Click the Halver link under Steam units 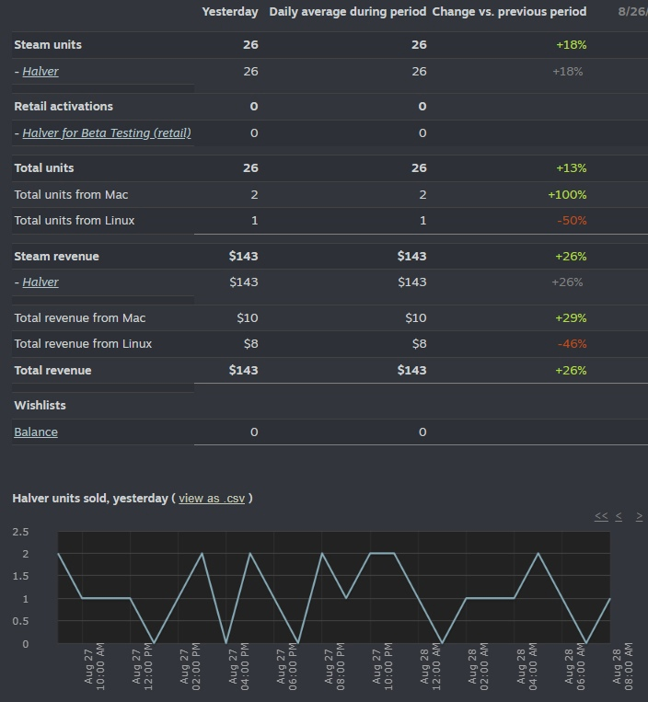(x=40, y=72)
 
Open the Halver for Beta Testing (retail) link (x=107, y=133)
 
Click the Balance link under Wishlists (x=36, y=432)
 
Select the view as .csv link (x=212, y=499)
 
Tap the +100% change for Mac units (x=567, y=195)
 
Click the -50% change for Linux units (x=571, y=221)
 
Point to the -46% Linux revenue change (x=571, y=344)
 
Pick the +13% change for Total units (x=571, y=168)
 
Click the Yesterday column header (x=230, y=12)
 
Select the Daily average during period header (x=348, y=12)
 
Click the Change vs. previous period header (x=509, y=12)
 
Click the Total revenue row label (x=52, y=371)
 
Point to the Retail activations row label (x=64, y=107)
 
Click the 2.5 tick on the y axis (x=20, y=532)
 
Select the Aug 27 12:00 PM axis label (x=142, y=666)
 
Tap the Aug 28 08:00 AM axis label (x=622, y=666)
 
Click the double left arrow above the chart (x=601, y=517)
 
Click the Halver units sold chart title (x=89, y=499)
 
